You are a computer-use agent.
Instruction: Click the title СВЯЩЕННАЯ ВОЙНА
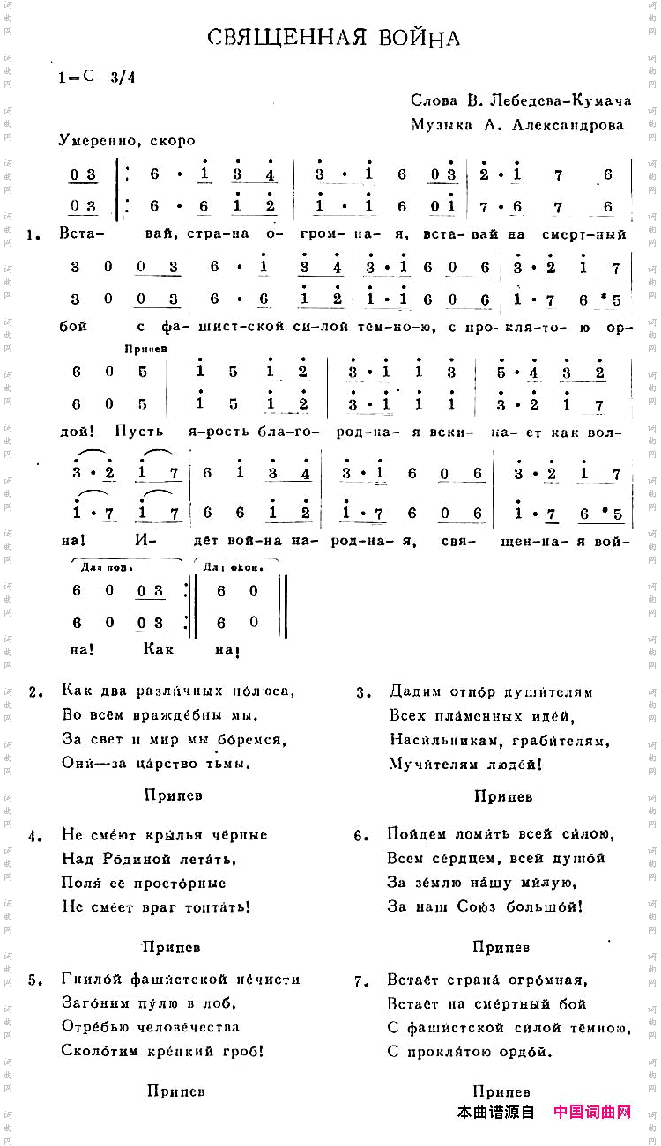pyautogui.click(x=334, y=38)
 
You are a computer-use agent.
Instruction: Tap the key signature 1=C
pyautogui.click(x=77, y=77)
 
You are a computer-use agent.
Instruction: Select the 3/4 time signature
pyautogui.click(x=124, y=77)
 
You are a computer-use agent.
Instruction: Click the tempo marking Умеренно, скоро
pyautogui.click(x=127, y=140)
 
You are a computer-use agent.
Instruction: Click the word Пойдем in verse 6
pyautogui.click(x=412, y=834)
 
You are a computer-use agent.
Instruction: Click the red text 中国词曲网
pyautogui.click(x=593, y=1113)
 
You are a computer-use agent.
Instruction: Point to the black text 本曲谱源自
pyautogui.click(x=496, y=1113)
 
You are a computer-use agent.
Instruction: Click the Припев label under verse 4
pyautogui.click(x=171, y=947)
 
